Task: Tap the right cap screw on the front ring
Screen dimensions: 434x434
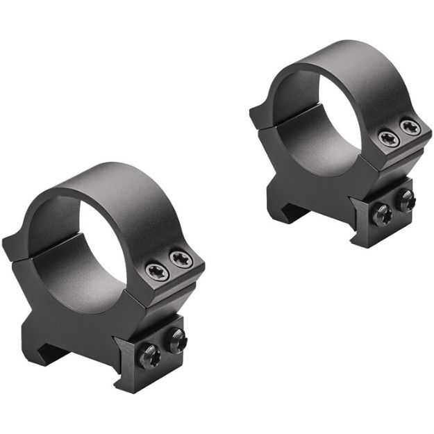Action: point(182,261)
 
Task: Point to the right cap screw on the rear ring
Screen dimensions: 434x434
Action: point(410,127)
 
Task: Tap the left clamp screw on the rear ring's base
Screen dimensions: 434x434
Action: point(381,215)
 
